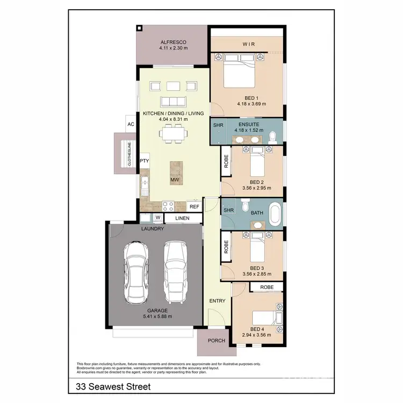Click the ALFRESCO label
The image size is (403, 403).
point(172,42)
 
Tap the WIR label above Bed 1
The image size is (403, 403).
point(248,44)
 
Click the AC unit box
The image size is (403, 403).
point(130,124)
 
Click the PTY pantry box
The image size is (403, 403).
point(144,161)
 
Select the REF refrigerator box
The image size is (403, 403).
point(194,206)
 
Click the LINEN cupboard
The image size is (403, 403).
point(183,218)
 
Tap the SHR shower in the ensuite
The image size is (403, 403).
point(218,125)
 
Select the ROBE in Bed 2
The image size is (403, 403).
point(226,161)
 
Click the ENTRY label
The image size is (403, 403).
point(217,301)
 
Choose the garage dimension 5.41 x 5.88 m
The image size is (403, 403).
point(157,316)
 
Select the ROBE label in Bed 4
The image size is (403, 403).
point(267,287)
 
